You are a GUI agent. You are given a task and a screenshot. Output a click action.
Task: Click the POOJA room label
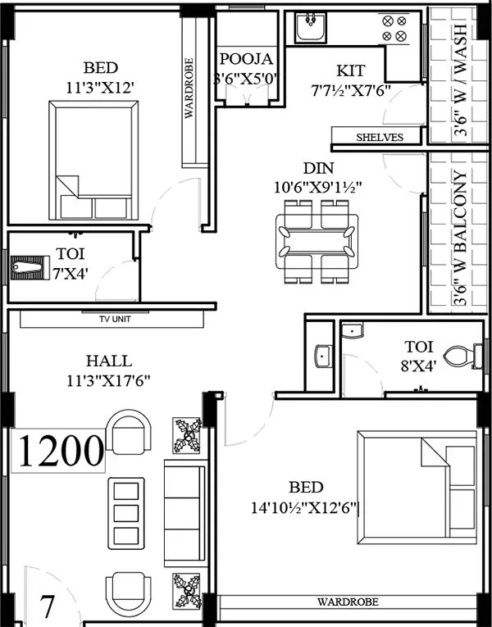(246, 59)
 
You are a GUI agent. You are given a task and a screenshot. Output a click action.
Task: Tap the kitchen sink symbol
(312, 28)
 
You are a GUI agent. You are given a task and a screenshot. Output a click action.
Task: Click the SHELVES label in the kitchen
(379, 138)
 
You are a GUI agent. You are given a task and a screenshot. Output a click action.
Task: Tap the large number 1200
(61, 450)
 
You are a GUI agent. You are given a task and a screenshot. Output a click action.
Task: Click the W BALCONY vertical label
(460, 238)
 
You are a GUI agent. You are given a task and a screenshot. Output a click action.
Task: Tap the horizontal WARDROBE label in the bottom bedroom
(348, 602)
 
